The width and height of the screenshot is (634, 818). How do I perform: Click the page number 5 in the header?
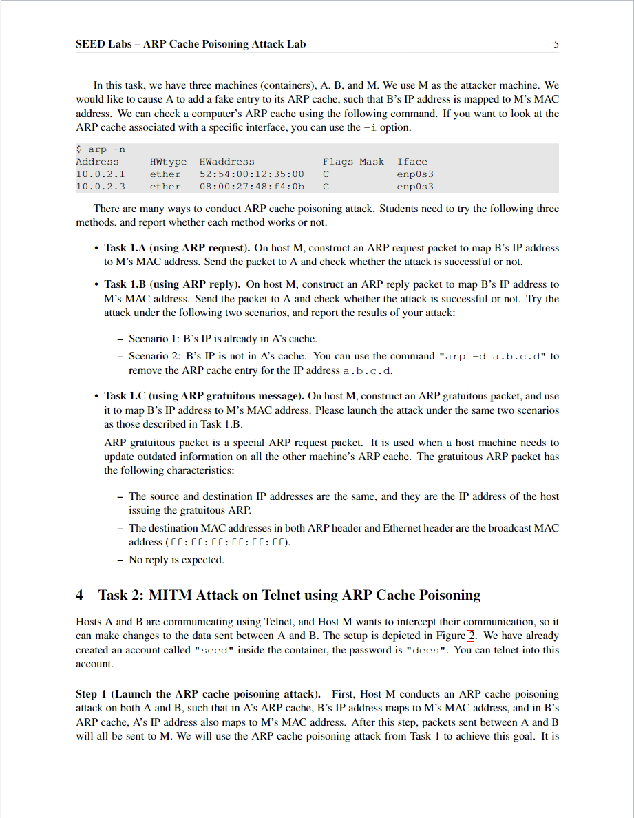(556, 45)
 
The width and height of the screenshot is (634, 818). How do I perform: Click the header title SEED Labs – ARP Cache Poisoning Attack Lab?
(191, 45)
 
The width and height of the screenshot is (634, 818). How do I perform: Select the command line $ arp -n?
(101, 149)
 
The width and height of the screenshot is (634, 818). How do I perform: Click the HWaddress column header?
(227, 162)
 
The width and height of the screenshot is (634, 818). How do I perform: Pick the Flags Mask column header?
(353, 162)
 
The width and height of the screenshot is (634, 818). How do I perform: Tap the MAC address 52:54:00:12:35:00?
(251, 174)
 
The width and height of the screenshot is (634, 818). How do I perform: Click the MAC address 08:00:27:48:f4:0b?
(251, 187)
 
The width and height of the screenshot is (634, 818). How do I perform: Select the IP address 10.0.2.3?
(101, 187)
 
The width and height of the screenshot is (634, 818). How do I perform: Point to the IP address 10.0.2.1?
(101, 174)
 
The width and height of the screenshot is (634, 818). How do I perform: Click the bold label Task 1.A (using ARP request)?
(177, 248)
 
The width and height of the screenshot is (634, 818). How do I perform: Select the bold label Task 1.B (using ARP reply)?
(172, 284)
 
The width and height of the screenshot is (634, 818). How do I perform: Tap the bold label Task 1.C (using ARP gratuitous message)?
(204, 397)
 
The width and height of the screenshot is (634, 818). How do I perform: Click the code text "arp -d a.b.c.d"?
(493, 357)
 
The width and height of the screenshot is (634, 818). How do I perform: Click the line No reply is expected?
(176, 560)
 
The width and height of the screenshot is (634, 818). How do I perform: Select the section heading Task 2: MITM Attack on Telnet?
(289, 595)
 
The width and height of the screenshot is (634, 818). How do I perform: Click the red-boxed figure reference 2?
(471, 636)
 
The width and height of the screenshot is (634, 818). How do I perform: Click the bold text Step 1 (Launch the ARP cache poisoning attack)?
(198, 694)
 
